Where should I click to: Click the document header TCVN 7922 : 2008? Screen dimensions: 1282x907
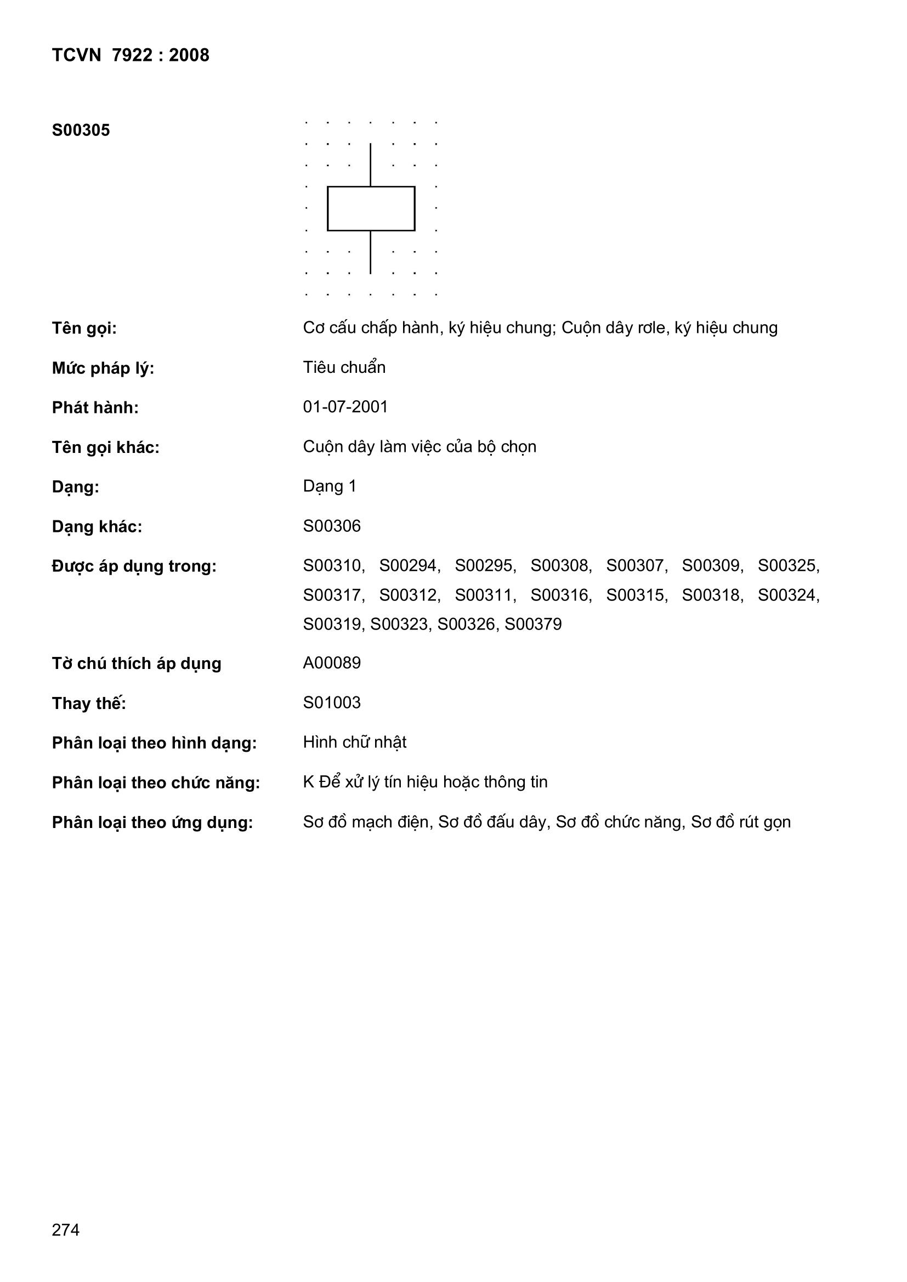[x=130, y=55]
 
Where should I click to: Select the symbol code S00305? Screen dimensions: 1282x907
[x=81, y=131]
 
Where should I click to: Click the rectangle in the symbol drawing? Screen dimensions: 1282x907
[x=371, y=208]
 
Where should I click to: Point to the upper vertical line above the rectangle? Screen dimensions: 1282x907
[x=370, y=164]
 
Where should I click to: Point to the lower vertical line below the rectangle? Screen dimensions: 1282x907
[x=370, y=252]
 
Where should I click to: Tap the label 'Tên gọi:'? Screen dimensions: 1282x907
[x=84, y=328]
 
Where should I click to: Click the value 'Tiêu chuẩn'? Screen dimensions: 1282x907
[x=344, y=367]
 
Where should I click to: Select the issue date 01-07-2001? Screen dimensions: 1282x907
[x=345, y=407]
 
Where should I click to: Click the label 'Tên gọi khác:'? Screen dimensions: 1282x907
[x=105, y=448]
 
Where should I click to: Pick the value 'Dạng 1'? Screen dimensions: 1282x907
[x=330, y=486]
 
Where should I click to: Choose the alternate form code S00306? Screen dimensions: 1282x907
[x=332, y=526]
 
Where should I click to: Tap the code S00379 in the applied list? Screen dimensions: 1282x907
[x=533, y=624]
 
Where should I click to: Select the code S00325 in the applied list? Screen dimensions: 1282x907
[x=788, y=566]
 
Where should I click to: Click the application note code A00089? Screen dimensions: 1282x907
[x=332, y=663]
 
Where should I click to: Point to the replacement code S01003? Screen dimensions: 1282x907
[x=332, y=703]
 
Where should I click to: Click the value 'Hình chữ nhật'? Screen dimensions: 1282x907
[x=355, y=742]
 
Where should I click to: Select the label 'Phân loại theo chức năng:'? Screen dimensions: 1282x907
[x=156, y=784]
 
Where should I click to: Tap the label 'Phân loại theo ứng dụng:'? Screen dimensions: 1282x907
[x=152, y=823]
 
